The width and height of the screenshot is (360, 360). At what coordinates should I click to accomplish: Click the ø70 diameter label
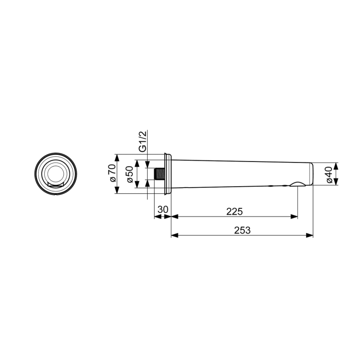(111, 174)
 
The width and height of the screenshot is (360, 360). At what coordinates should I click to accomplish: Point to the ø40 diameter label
(329, 174)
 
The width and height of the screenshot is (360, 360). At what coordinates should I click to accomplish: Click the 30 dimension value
(163, 210)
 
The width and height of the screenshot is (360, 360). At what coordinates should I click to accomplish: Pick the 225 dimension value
(233, 211)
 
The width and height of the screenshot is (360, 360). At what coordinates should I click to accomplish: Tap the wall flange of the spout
(166, 174)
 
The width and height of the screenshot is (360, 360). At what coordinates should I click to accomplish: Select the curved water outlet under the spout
(297, 184)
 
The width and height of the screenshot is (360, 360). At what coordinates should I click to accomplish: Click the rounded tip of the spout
(311, 174)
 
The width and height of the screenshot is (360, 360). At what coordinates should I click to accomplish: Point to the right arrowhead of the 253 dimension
(310, 236)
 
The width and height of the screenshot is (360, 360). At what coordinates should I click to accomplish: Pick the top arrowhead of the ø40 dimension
(336, 167)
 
